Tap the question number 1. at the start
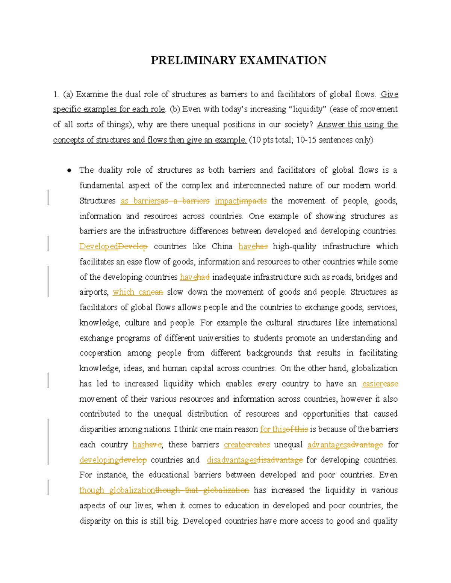pyautogui.click(x=56, y=94)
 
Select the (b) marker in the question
pyautogui.click(x=175, y=109)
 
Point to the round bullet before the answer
pyautogui.click(x=69, y=171)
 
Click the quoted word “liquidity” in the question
pyautogui.click(x=309, y=109)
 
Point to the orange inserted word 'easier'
pyautogui.click(x=372, y=384)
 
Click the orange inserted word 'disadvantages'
pyautogui.click(x=232, y=460)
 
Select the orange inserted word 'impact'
pyautogui.click(x=227, y=201)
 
